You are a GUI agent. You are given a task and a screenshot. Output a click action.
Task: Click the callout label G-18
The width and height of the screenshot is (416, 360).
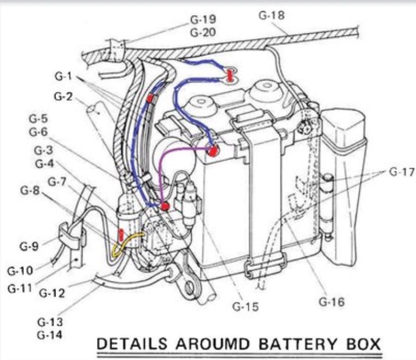click(x=272, y=16)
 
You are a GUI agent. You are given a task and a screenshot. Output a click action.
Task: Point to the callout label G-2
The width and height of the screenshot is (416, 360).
click(x=63, y=97)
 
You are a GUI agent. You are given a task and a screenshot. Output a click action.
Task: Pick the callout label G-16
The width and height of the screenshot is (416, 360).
click(x=332, y=301)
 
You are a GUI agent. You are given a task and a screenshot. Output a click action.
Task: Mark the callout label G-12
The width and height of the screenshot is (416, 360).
click(x=52, y=294)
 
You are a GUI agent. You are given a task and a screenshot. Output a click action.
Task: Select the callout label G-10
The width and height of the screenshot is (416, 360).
click(x=20, y=270)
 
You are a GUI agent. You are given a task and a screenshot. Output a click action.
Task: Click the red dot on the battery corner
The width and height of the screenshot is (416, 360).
click(x=214, y=149)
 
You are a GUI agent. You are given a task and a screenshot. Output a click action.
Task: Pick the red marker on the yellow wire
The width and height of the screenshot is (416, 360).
click(x=121, y=236)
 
